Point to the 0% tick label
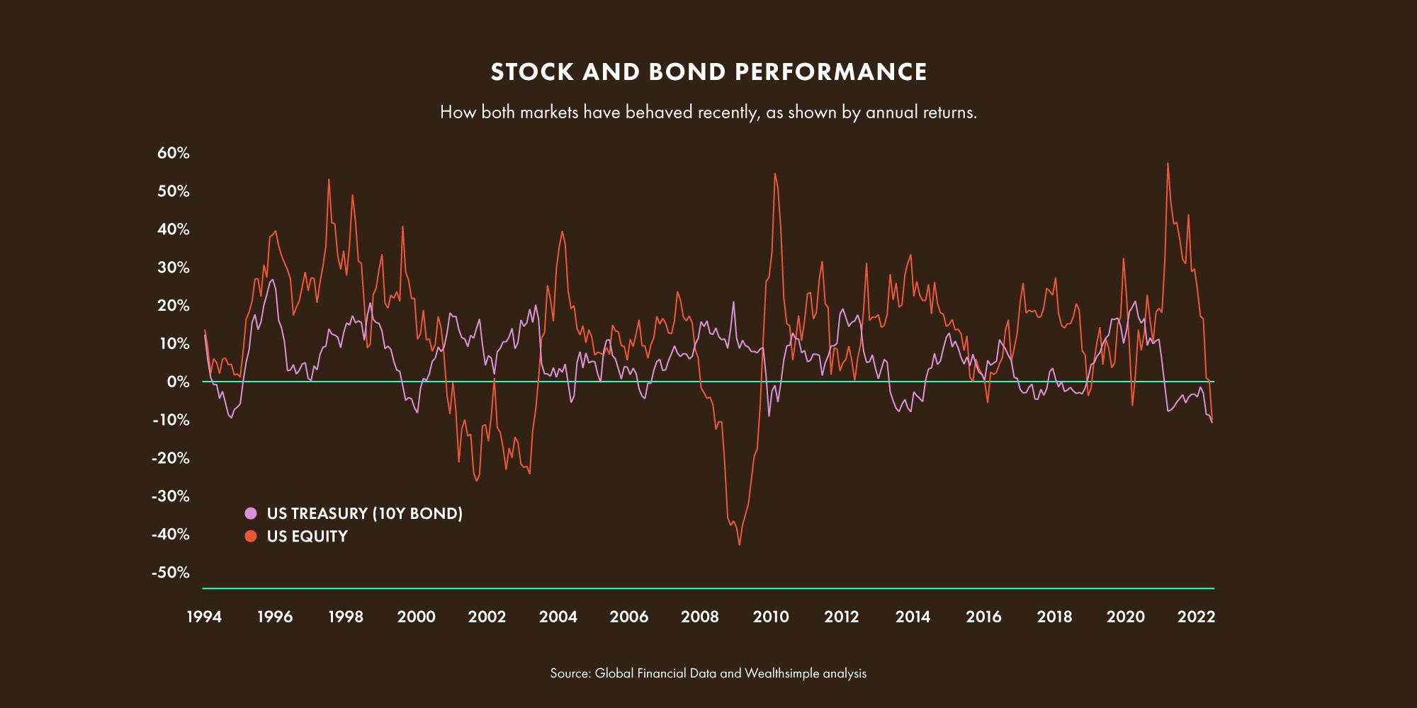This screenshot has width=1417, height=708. tap(178, 382)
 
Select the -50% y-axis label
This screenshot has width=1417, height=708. tap(170, 572)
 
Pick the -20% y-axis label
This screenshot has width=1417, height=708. tap(170, 458)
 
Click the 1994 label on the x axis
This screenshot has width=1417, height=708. tap(204, 617)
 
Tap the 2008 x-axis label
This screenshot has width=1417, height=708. tap(700, 617)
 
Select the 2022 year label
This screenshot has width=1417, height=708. tap(1196, 617)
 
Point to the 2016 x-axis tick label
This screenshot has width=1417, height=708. tap(983, 617)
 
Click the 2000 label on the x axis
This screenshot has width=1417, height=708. tap(417, 617)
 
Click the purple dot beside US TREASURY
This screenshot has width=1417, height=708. tap(251, 513)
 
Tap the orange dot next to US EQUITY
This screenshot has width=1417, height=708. tap(251, 536)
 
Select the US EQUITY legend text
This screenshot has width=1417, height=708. tap(307, 536)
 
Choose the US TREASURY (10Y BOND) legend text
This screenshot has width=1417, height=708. tap(364, 513)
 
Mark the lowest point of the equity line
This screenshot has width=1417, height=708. tap(739, 544)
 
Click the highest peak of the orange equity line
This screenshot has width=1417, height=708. tap(1168, 164)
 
